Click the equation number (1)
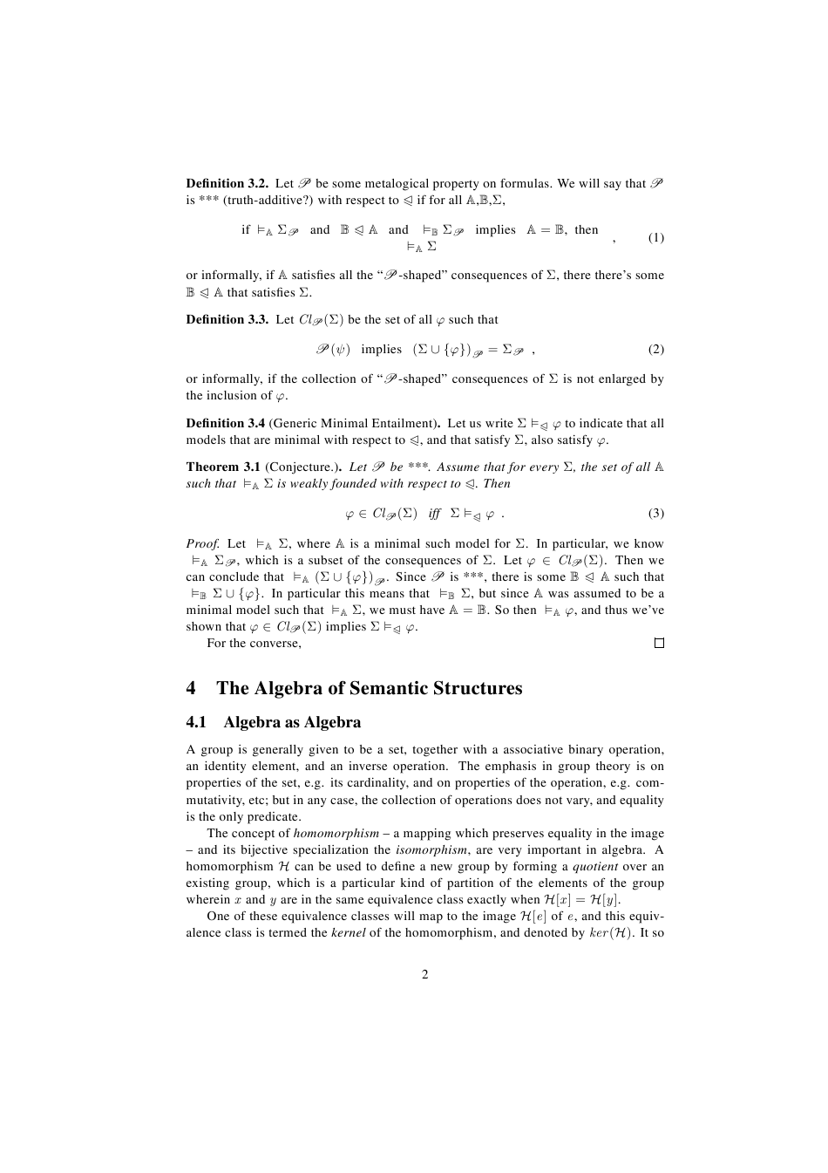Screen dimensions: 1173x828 (655, 238)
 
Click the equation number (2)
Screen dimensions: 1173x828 (655, 350)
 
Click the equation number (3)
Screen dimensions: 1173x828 (655, 513)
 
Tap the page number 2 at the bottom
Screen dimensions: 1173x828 (425, 974)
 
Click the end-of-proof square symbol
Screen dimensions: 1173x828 (659, 644)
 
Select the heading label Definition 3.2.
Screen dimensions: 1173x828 (227, 184)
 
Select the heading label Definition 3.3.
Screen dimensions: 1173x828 (227, 320)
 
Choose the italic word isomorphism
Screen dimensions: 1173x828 (431, 850)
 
